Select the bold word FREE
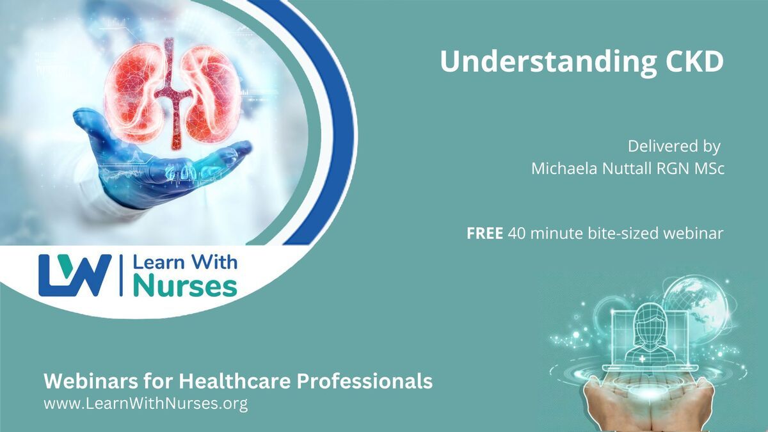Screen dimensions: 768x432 (x=485, y=234)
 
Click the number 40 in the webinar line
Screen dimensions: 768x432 (x=516, y=234)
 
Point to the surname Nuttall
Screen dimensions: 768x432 (x=627, y=168)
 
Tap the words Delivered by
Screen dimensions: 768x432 (x=674, y=147)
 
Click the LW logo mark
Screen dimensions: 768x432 (x=75, y=275)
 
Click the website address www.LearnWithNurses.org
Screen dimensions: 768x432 (x=146, y=404)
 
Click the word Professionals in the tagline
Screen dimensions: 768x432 (x=364, y=381)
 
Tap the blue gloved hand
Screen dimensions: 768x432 (x=154, y=161)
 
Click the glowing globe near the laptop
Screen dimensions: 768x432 (x=696, y=305)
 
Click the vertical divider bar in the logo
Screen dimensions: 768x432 (x=121, y=275)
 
